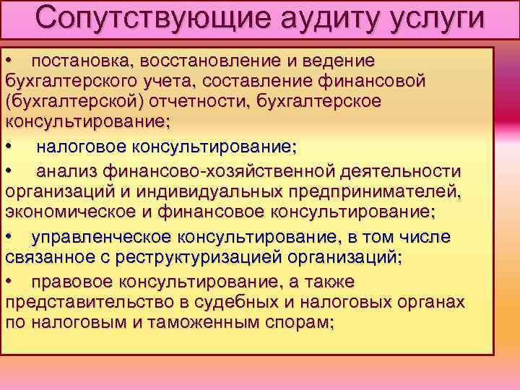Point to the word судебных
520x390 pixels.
tap(236, 301)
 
